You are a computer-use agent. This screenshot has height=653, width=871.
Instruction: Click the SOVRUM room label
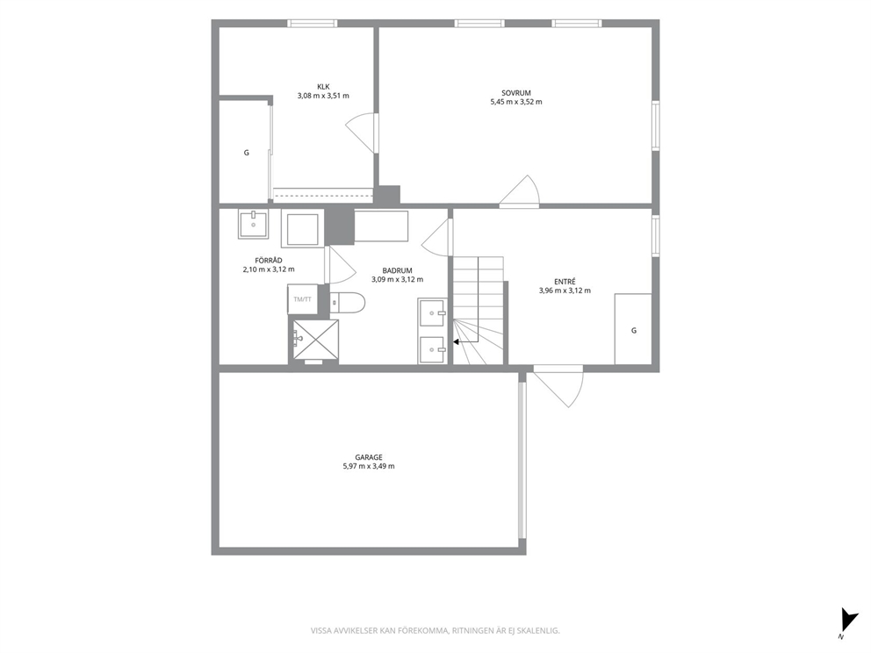pos(516,93)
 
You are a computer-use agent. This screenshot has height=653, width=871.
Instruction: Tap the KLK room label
pos(323,87)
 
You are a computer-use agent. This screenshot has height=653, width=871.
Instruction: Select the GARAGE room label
pos(369,457)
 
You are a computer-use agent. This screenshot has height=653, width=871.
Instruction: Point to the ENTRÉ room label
pos(565,282)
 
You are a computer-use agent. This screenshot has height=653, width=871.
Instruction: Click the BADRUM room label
pos(397,270)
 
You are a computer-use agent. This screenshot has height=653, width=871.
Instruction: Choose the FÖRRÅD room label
pos(269,261)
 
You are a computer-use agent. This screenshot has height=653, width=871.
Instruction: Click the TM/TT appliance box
pos(303,299)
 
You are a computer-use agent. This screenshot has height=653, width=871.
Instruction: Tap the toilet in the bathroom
pos(347,303)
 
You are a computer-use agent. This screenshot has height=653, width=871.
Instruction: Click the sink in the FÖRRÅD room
pos(253,224)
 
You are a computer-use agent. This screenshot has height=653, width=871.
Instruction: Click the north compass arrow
pos(847,619)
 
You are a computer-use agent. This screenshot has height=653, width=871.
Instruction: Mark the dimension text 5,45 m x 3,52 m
pos(516,102)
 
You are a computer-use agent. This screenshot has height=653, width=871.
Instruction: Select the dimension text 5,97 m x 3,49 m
pos(369,466)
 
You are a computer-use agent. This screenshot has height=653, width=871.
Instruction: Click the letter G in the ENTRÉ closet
pos(634,330)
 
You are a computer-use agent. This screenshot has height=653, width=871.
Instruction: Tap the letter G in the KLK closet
pos(247,153)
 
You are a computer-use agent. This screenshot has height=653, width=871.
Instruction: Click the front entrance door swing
pos(558,386)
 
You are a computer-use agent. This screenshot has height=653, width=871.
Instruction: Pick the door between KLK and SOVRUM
pos(362,133)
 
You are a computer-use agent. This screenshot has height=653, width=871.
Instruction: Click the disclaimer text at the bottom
pos(435,631)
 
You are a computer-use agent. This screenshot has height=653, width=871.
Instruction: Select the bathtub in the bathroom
pos(381,226)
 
